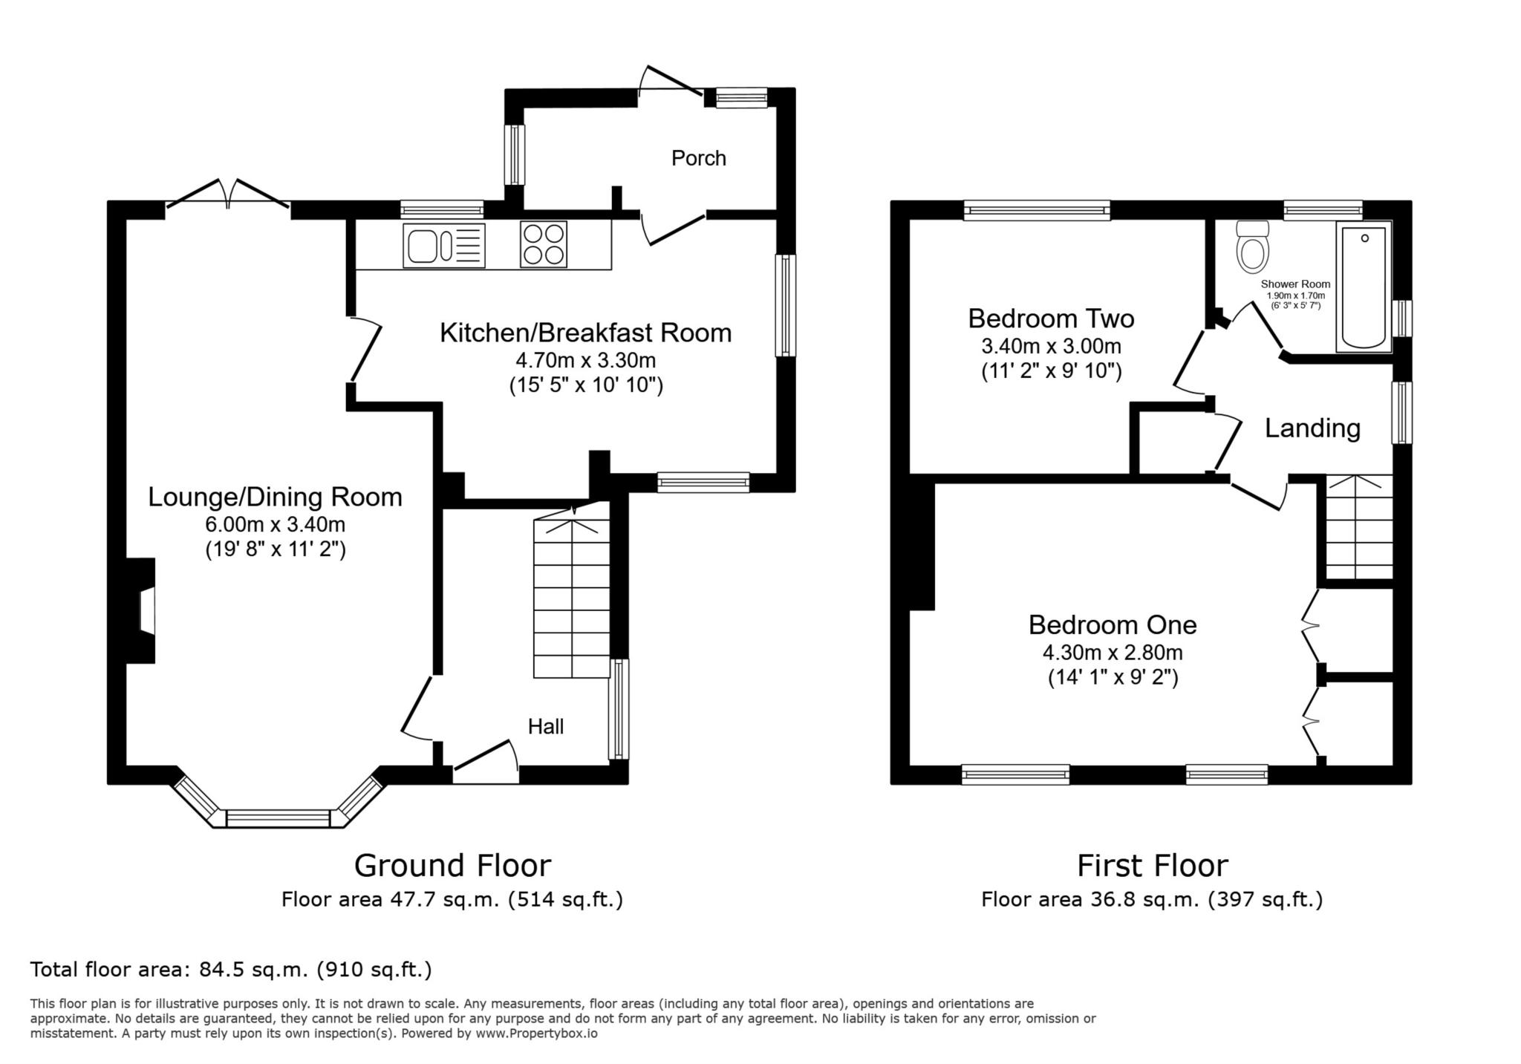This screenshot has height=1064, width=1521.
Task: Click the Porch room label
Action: click(698, 158)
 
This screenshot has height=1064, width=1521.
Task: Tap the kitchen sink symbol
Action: click(444, 245)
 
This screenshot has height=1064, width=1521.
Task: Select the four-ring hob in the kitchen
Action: click(544, 244)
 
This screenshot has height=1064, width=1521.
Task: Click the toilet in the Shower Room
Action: click(1253, 246)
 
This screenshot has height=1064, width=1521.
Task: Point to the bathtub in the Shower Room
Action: click(1364, 287)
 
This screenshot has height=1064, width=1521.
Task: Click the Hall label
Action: click(546, 726)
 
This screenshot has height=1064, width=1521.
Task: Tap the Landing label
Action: click(1312, 428)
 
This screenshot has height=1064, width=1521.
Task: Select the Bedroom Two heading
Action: click(1051, 319)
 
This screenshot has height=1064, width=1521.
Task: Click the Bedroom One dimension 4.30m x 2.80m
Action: click(1113, 653)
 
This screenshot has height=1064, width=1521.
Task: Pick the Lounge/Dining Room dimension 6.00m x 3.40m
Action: click(276, 525)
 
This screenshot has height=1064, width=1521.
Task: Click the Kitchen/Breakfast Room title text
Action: click(585, 333)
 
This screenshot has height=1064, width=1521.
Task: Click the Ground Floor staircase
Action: click(572, 590)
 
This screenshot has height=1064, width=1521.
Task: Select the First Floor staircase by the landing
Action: click(1359, 527)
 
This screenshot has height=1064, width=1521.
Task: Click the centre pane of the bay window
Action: click(278, 818)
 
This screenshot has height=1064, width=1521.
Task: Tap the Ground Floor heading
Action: click(452, 866)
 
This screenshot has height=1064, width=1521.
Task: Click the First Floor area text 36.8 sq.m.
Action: click(1152, 900)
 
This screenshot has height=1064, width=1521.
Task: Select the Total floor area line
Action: click(231, 970)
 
